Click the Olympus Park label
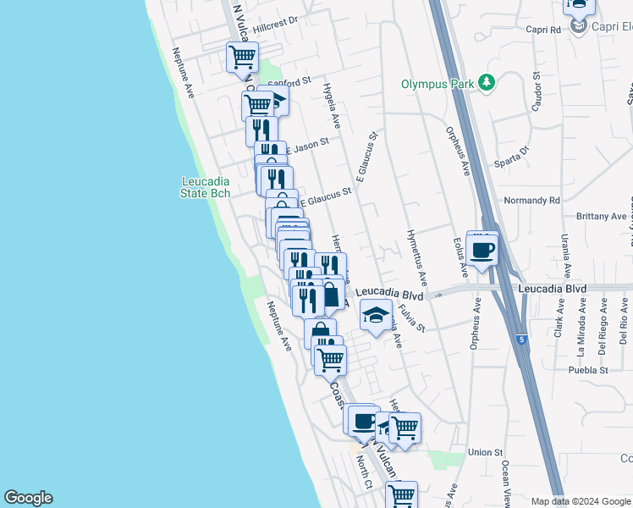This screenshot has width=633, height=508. click(x=438, y=84)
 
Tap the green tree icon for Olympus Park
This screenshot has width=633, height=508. click(x=486, y=82)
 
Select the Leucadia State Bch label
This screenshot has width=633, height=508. click(x=205, y=187)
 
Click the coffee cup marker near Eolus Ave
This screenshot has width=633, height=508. click(x=482, y=249)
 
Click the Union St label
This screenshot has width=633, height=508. click(x=486, y=453)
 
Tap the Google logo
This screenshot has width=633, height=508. click(x=28, y=498)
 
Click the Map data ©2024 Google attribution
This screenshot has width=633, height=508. click(x=581, y=500)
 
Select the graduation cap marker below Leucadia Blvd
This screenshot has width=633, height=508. click(x=377, y=317)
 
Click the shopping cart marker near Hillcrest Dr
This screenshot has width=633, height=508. click(x=242, y=58)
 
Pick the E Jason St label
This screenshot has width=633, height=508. click(x=307, y=145)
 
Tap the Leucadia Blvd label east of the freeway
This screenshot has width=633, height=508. click(x=553, y=289)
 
